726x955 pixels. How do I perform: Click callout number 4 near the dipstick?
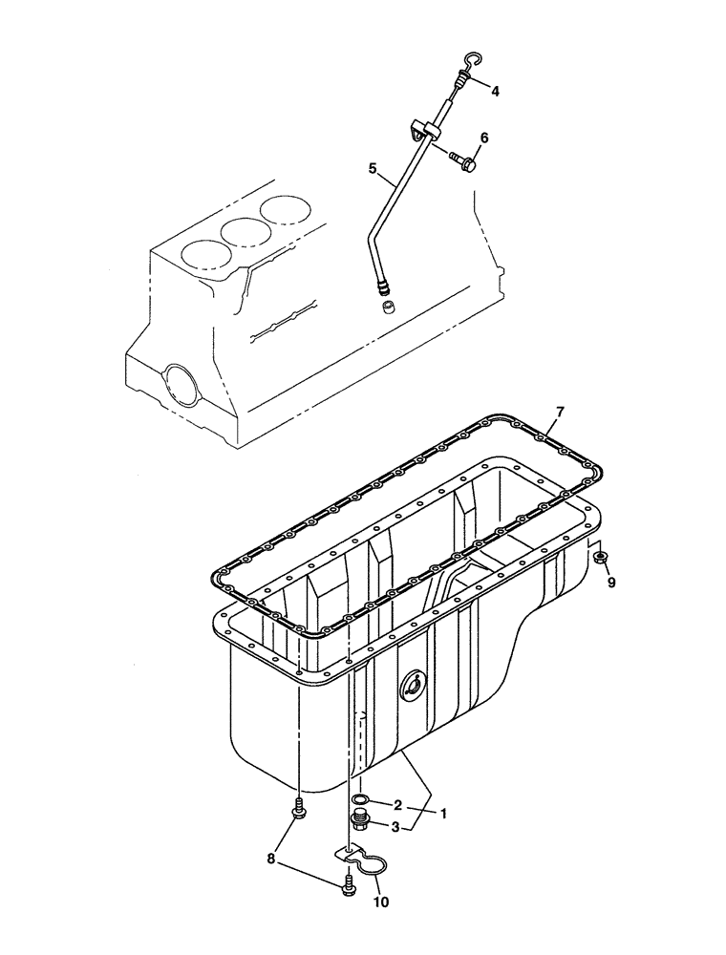point(495,92)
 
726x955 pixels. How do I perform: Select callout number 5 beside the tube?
point(374,168)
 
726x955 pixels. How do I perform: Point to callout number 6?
point(484,138)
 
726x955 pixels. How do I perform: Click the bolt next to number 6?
point(464,162)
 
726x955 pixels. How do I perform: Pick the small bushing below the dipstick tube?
point(389,308)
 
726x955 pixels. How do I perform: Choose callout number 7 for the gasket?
point(561,412)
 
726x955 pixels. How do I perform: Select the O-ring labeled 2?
point(361,799)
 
